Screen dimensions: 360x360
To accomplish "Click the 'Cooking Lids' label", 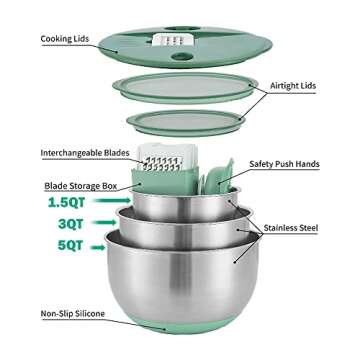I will (x=41, y=39).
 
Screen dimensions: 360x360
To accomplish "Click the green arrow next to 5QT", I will (x=93, y=245).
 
